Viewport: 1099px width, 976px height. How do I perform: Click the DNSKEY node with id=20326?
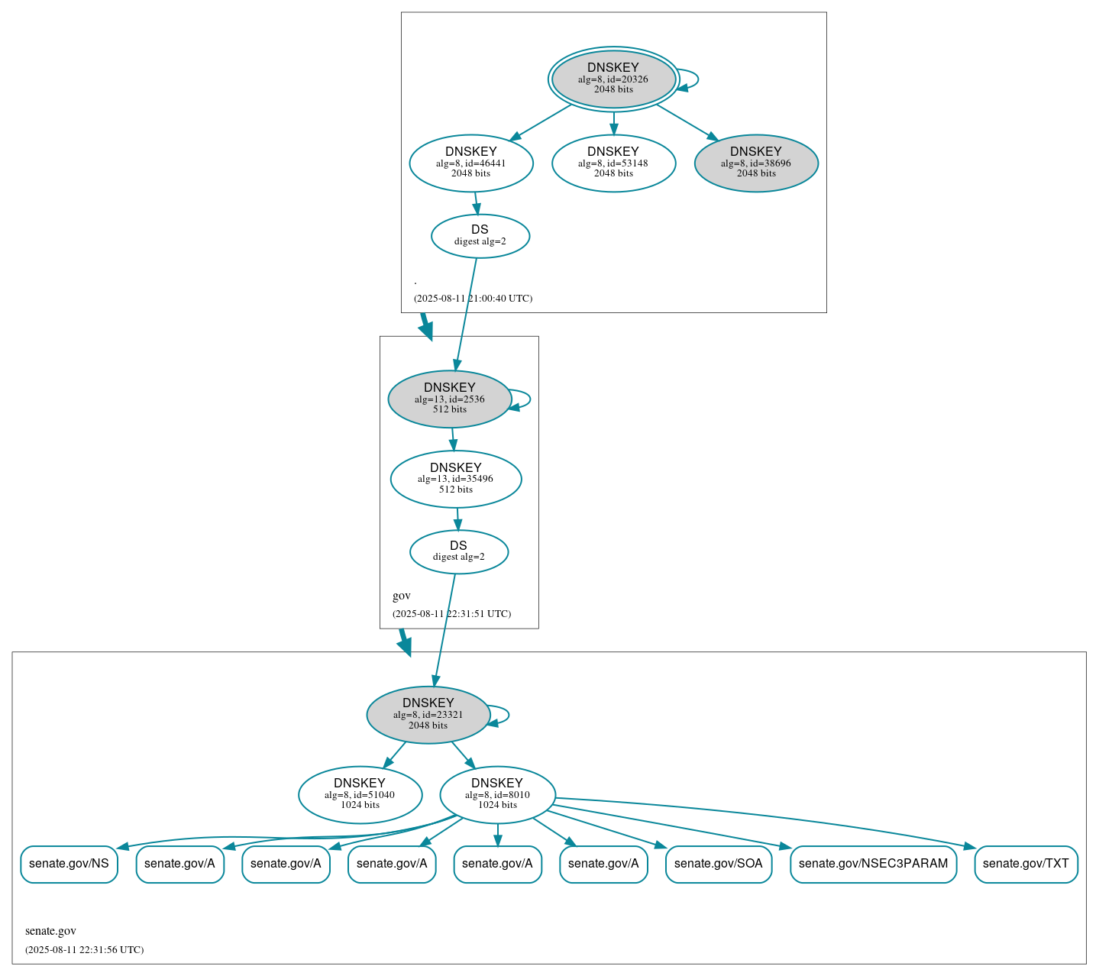613,79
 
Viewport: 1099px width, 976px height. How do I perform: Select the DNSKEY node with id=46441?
471,163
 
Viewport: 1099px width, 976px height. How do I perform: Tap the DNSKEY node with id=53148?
613,163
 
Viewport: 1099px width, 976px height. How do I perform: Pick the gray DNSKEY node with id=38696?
756,163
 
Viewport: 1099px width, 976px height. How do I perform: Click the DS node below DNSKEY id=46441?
480,236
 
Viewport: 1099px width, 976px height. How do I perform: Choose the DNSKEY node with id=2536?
450,399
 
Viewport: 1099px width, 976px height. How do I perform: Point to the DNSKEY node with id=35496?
456,479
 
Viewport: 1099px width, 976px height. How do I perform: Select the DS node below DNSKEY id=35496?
458,551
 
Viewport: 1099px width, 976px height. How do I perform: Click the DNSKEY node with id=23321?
428,715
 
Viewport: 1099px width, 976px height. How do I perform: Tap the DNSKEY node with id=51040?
360,795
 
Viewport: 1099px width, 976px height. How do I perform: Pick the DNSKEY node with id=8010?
497,795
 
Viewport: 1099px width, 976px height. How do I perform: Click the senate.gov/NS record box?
69,864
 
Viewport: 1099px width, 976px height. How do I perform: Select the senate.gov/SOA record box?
718,864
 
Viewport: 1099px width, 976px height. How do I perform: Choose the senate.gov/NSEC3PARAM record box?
873,864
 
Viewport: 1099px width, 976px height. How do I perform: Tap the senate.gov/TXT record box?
1026,864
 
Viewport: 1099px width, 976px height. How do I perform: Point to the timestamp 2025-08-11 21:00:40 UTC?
473,299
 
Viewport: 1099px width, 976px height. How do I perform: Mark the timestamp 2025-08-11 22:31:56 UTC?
84,950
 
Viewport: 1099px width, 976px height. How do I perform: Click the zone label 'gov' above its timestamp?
402,596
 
